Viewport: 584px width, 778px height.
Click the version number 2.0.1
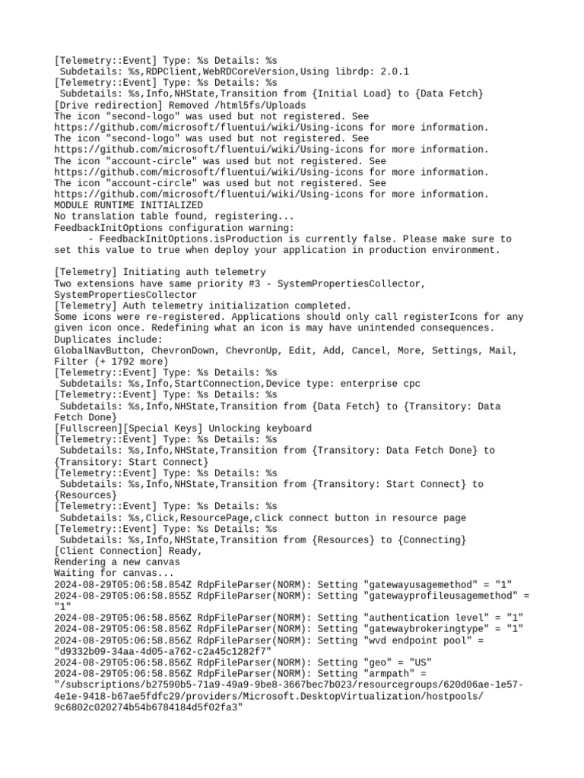[395, 71]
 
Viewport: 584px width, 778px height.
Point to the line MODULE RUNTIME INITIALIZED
[129, 205]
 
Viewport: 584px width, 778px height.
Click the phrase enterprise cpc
[380, 384]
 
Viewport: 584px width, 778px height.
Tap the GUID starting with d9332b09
[163, 651]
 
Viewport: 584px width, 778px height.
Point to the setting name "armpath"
[392, 674]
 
